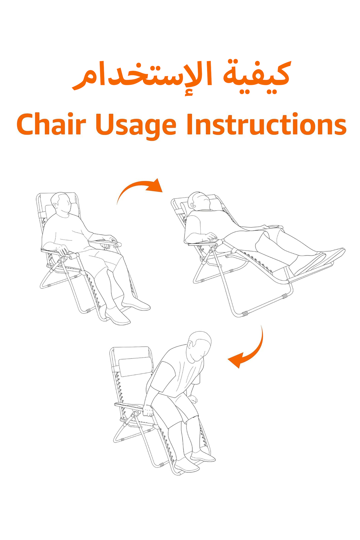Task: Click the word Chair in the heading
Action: (x=51, y=124)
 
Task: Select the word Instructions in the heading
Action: (x=266, y=124)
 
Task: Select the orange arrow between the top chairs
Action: (x=136, y=187)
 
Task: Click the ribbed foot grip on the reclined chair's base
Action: (x=244, y=314)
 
